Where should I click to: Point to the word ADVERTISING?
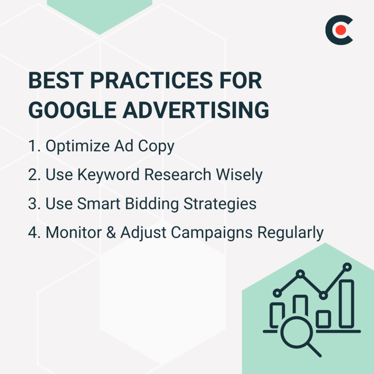click(x=196, y=110)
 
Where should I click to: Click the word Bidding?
click(x=152, y=204)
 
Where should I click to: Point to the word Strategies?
click(x=220, y=204)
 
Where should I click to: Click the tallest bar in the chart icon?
click(x=346, y=304)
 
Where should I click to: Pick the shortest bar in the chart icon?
click(x=323, y=319)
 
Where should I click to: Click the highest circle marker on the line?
click(x=347, y=267)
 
